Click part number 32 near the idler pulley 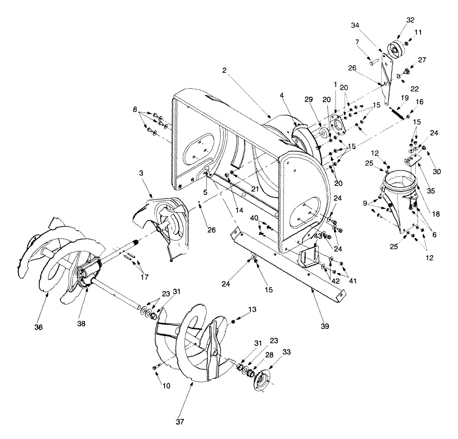pos(410,20)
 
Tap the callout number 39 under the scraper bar pos(325,326)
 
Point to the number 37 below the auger pos(180,422)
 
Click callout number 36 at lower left pos(39,327)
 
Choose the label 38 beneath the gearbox pos(81,324)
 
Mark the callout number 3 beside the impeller pos(141,173)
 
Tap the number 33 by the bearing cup pos(286,352)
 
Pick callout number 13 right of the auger pos(252,309)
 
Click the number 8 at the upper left pos(134,109)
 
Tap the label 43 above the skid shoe pos(318,236)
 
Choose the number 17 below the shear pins pos(144,277)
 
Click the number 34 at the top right pos(355,26)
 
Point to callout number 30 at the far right pos(437,172)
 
